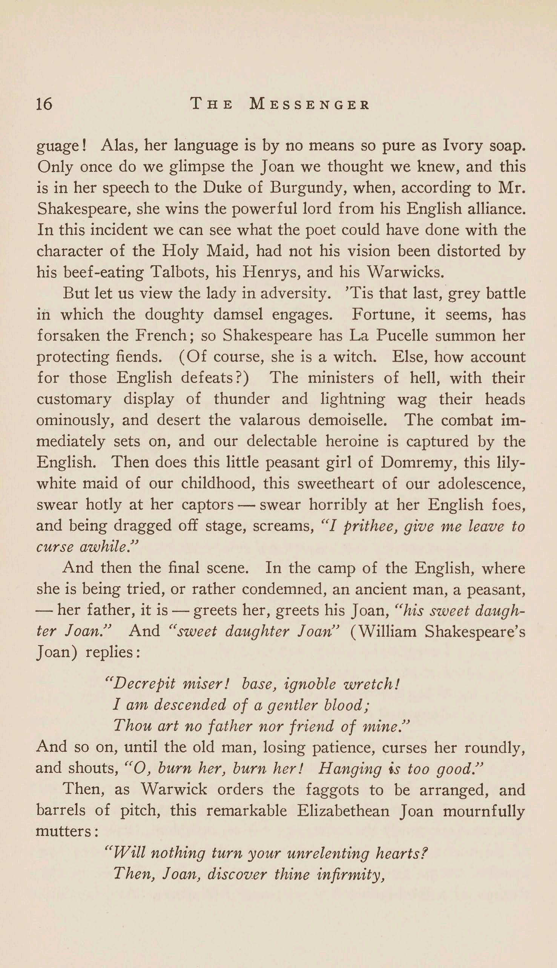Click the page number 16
coord(44,103)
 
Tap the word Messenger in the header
coord(309,104)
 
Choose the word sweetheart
coord(339,484)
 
